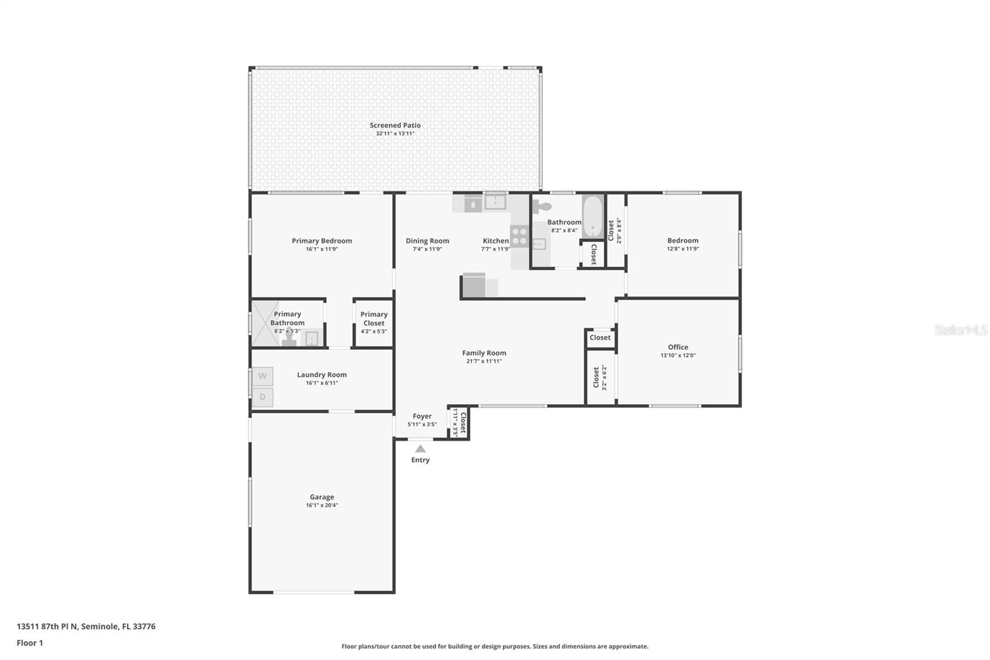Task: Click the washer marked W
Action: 262,376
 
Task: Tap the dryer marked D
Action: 262,397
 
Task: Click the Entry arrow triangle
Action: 420,449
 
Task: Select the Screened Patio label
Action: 395,125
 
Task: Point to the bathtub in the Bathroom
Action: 593,216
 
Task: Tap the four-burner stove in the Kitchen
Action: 519,237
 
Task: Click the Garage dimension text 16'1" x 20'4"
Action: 322,505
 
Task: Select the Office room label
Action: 678,347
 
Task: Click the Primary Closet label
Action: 374,318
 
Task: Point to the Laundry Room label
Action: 322,375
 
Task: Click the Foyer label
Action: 422,416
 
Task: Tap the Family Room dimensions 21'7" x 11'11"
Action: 484,361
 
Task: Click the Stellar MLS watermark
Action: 960,330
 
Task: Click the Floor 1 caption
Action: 30,643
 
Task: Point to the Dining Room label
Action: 428,241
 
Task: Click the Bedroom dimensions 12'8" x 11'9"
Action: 682,249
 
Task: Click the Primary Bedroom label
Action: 322,241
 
